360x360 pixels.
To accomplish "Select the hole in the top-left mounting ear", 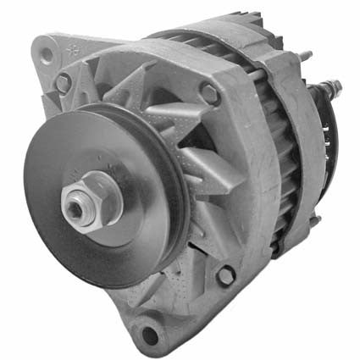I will coord(47,54).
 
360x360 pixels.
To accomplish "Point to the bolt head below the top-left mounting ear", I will coord(64,83).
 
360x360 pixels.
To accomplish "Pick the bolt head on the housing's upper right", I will coord(209,94).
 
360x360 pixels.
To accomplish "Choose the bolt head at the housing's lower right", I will coord(226,275).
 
